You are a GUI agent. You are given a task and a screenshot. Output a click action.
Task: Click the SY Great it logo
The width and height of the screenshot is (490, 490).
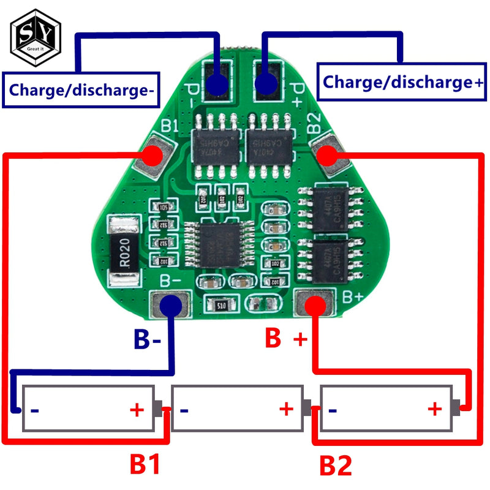[36, 39]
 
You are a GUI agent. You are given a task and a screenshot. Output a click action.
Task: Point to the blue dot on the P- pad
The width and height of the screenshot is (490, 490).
[216, 84]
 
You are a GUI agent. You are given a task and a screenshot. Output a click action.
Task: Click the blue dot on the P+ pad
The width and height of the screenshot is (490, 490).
[265, 84]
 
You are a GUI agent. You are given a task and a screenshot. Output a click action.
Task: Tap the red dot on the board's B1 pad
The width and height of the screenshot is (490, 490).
[154, 156]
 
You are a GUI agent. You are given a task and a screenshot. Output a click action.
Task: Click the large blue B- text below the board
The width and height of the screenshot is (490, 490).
[148, 339]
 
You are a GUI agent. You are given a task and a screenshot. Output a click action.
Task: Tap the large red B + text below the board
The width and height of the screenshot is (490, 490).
[284, 338]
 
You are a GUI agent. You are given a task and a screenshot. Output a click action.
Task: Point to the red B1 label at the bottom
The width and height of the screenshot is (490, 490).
[145, 465]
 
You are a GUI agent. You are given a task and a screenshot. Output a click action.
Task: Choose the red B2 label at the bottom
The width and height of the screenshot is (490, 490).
[335, 466]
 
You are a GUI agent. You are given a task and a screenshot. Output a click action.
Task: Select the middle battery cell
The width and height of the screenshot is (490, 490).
[238, 408]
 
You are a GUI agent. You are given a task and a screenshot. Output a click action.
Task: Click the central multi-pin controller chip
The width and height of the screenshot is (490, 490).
[219, 244]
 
